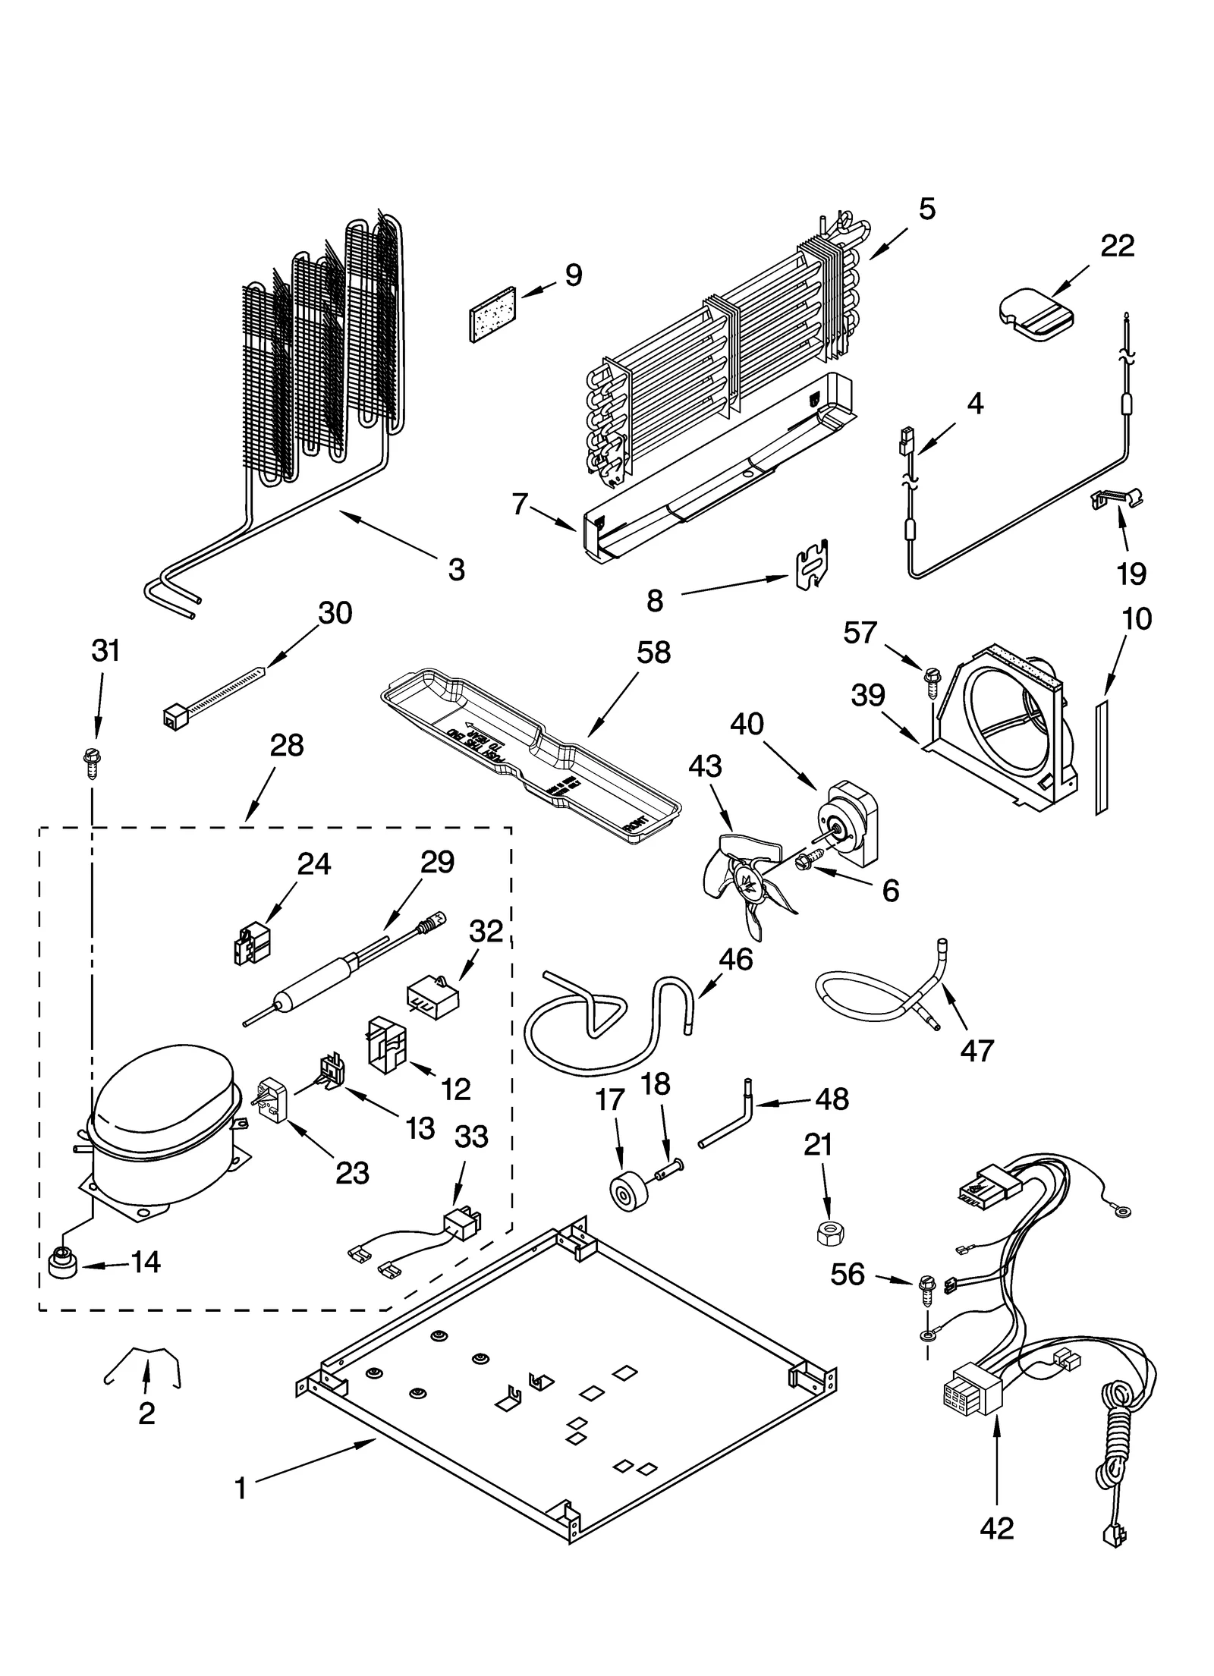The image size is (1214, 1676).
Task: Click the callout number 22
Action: click(x=1117, y=246)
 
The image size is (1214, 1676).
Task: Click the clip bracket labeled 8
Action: click(x=810, y=565)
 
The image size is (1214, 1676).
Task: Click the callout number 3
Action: click(x=456, y=569)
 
